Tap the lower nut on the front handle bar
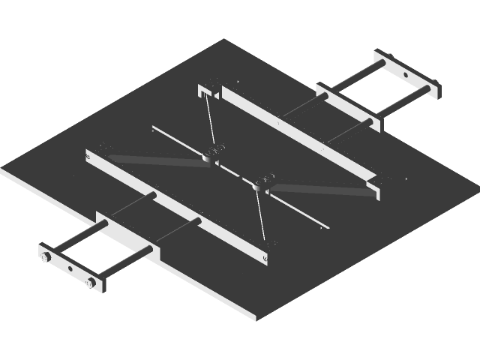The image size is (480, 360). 91,283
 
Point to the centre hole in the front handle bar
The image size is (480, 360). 70,268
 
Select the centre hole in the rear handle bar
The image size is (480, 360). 406,73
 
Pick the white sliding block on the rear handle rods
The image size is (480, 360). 346,107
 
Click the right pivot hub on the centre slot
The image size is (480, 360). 262,181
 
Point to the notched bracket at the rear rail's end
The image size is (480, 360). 204,92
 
